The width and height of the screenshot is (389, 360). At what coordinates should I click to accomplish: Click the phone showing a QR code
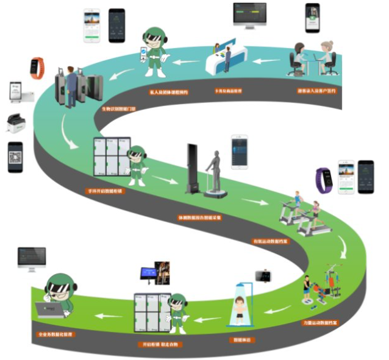click(x=15, y=157)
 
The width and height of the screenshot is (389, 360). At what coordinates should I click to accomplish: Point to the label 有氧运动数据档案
click(x=268, y=241)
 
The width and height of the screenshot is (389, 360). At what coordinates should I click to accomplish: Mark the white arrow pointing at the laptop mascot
click(x=107, y=316)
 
